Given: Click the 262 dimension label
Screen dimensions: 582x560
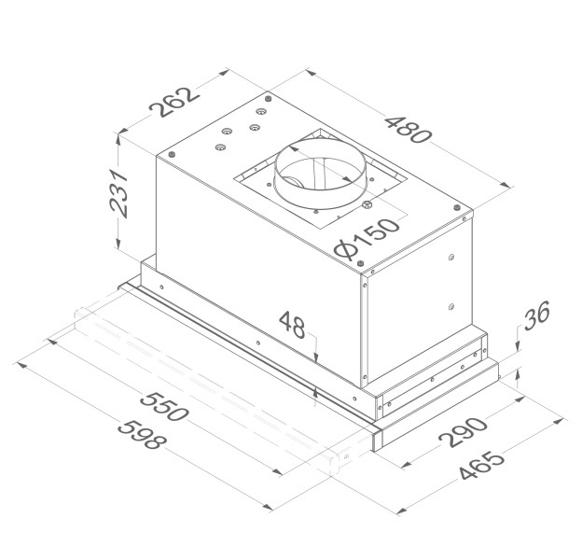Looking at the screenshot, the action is tap(174, 102).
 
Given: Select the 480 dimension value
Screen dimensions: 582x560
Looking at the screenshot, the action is tap(409, 130).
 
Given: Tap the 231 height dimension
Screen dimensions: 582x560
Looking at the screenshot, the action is tap(119, 193).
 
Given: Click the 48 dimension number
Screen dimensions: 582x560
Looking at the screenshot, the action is tap(292, 324).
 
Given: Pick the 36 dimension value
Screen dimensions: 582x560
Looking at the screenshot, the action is tap(536, 315).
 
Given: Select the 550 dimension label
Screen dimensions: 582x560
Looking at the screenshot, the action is tap(164, 406).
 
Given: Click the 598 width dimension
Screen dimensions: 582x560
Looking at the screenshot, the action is tap(142, 434).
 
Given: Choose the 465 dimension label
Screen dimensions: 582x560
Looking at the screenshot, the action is tap(482, 465).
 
